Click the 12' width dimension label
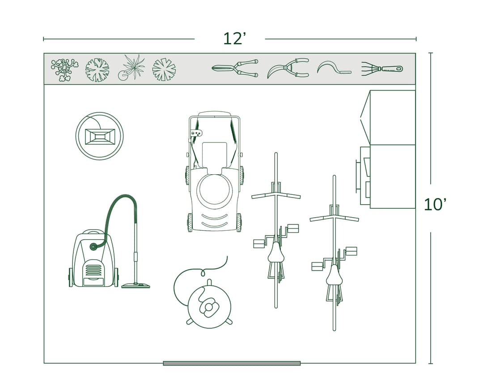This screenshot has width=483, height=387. click(x=234, y=39)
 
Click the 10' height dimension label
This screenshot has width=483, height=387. click(x=434, y=205)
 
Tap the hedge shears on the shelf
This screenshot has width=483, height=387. click(x=235, y=69)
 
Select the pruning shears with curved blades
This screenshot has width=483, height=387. click(x=288, y=68)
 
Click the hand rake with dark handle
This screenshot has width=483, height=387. click(x=382, y=69)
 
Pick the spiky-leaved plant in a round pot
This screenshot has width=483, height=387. click(x=131, y=68)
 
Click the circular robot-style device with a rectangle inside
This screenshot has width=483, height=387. click(x=99, y=136)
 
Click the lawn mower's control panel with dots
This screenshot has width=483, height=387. click(x=196, y=133)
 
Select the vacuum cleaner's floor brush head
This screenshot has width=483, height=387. click(x=136, y=285)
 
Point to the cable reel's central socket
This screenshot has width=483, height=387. click(x=209, y=308)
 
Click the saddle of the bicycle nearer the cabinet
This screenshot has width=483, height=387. click(x=334, y=275)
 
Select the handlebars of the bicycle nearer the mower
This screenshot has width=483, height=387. click(x=276, y=195)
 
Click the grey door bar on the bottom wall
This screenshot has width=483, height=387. click(x=232, y=363)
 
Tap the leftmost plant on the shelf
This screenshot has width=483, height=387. click(x=64, y=69)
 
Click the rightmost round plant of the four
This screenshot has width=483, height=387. click(x=164, y=70)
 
